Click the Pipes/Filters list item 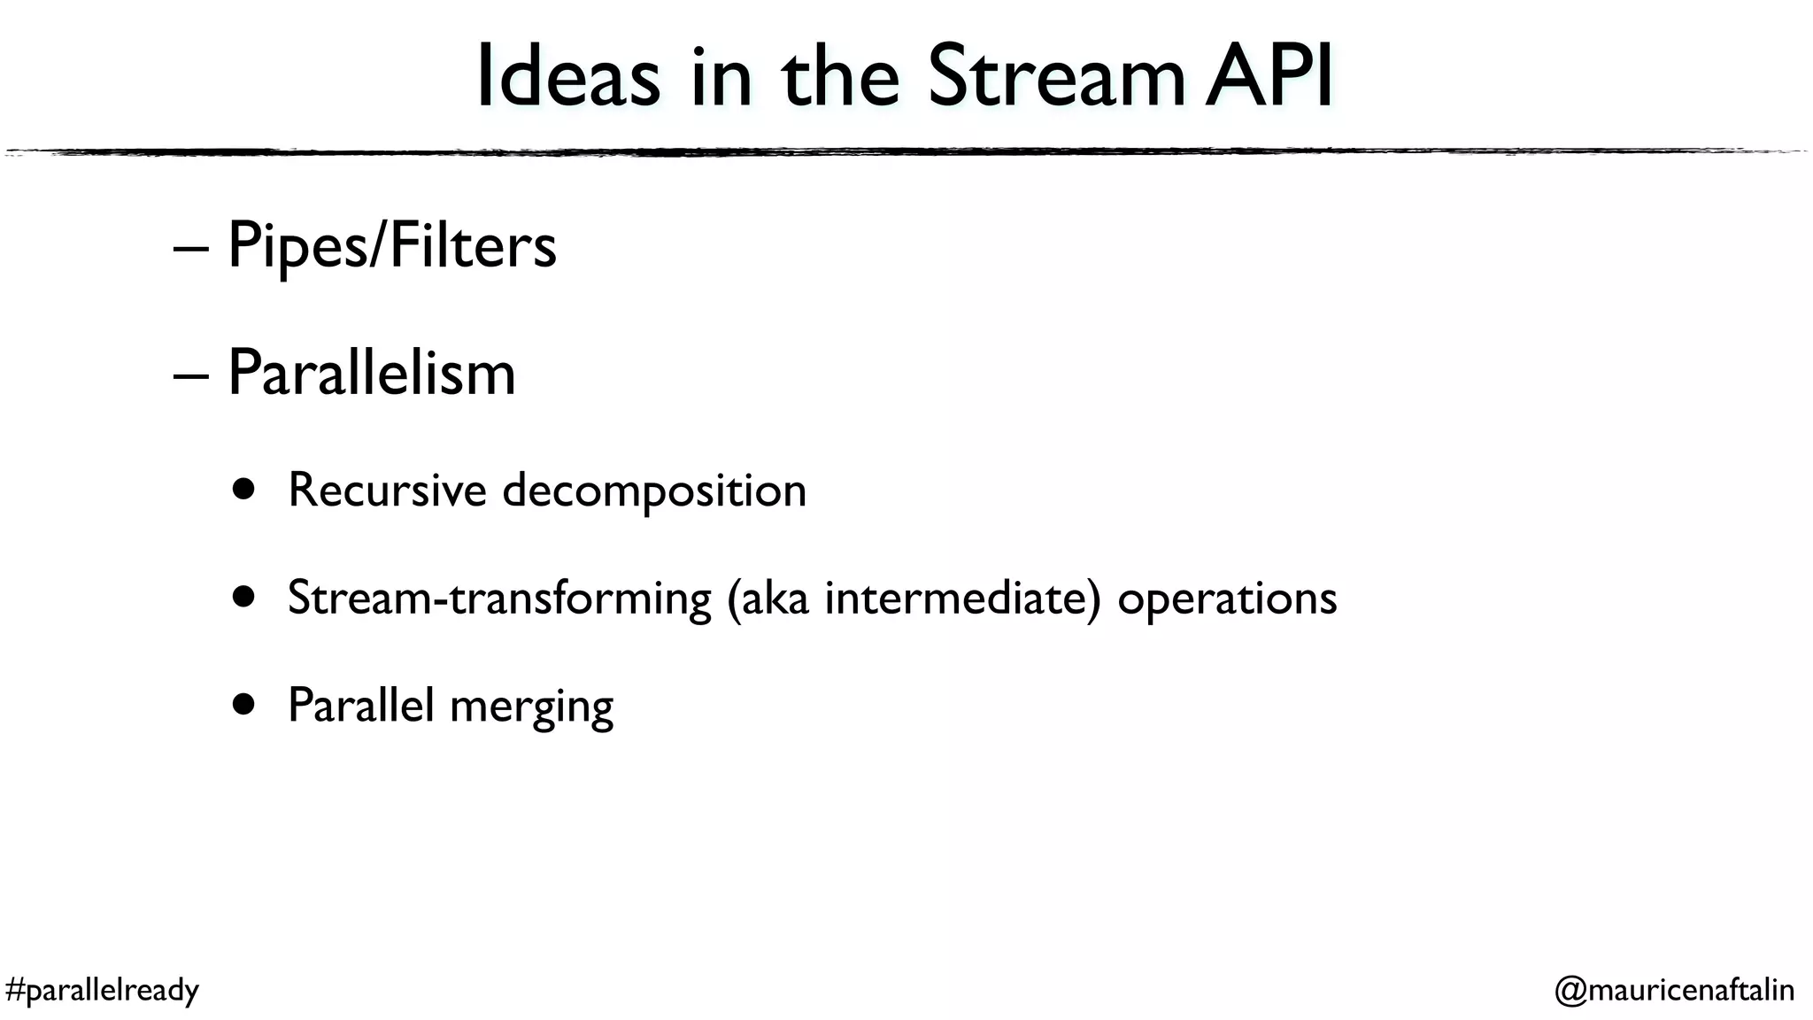coord(392,246)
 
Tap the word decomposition coord(654,491)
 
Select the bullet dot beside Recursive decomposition coord(244,490)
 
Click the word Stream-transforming coord(499,599)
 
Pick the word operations coord(1227,600)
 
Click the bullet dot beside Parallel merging coord(244,705)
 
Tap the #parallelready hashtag coord(102,990)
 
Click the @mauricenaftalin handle coord(1674,990)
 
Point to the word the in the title coord(840,78)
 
